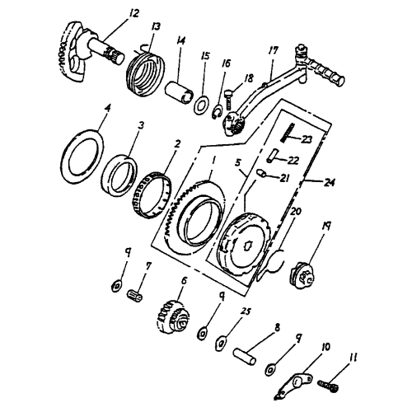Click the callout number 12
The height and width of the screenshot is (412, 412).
[x=111, y=12]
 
